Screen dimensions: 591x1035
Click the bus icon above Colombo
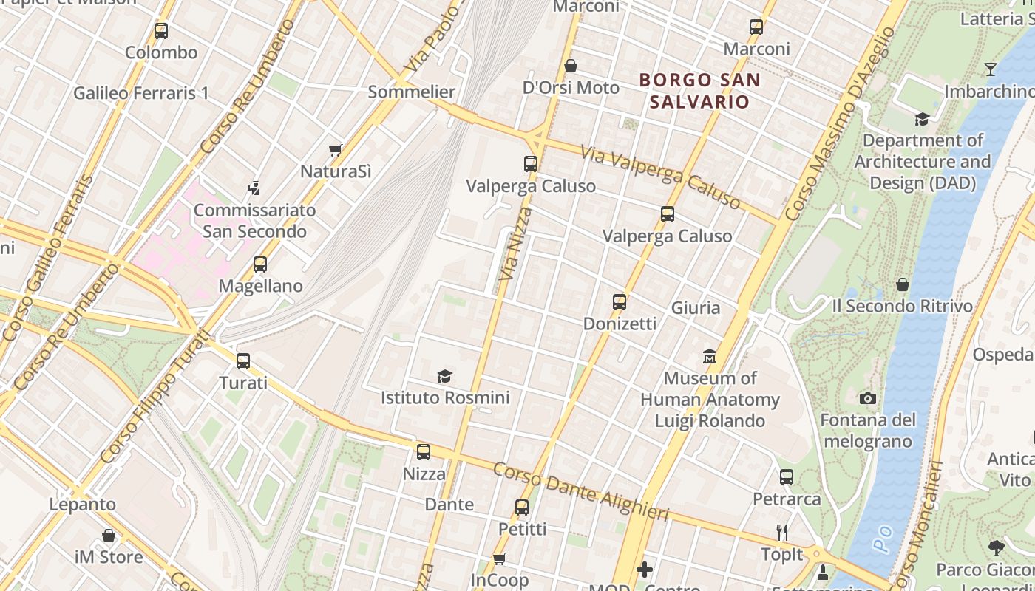[x=161, y=31]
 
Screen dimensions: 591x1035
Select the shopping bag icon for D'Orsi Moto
[x=570, y=66]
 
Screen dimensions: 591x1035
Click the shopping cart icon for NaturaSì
[x=335, y=150]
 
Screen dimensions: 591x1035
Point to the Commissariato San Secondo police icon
[x=254, y=188]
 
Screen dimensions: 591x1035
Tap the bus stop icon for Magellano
[x=259, y=264]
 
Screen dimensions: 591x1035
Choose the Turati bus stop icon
[x=243, y=361]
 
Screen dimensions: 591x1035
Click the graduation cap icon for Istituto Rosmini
[x=444, y=376]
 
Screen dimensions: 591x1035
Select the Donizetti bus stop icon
[x=620, y=302]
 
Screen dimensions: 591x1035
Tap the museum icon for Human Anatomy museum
[x=710, y=357]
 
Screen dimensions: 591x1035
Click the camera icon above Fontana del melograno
[x=868, y=399]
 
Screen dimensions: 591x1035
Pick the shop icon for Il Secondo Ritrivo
[x=902, y=284]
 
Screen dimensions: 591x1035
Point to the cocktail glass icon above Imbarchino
[x=991, y=69]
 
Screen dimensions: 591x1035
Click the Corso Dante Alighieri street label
[x=581, y=491]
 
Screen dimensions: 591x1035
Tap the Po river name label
[x=881, y=540]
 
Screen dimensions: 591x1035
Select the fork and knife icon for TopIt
[x=782, y=533]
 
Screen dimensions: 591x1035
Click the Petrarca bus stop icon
[x=787, y=477]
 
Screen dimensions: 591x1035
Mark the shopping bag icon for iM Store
[x=109, y=535]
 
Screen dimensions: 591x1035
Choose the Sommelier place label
[x=411, y=92]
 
